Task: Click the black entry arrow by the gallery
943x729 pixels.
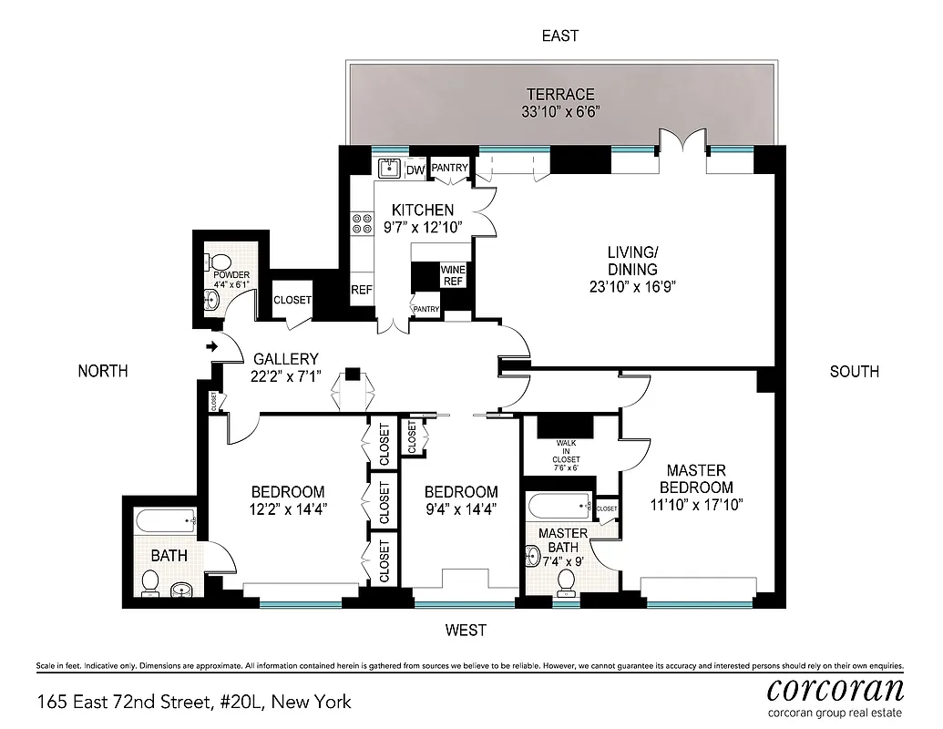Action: pos(212,346)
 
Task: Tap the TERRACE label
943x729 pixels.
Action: pos(560,95)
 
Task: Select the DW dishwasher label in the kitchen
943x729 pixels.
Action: pos(415,169)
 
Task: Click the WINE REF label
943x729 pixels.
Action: pos(453,275)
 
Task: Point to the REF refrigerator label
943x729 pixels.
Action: pos(362,291)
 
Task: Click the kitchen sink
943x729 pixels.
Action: pos(388,168)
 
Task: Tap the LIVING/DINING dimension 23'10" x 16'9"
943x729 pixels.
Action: pos(632,285)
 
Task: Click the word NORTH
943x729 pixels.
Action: pos(102,371)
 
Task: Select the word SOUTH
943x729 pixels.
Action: pos(854,371)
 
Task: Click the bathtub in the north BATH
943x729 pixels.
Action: pos(164,521)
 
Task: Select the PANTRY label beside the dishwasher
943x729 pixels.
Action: pos(449,168)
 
